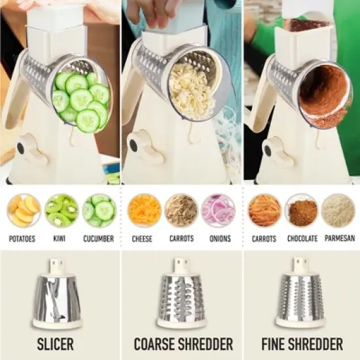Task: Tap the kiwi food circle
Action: pos(62,210)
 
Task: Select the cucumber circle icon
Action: pos(100,210)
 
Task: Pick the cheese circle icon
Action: pos(144,210)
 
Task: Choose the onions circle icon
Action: pos(218,210)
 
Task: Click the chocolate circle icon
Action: pos(302,210)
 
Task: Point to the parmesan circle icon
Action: pos(338,210)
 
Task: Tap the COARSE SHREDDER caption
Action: pos(183,344)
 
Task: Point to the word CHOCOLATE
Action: pos(302,239)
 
